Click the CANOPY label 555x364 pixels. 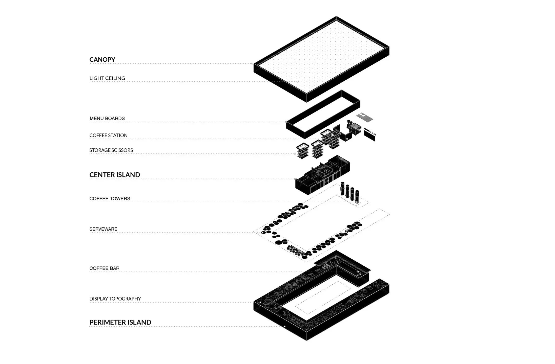coord(102,60)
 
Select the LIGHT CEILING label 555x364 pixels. coord(107,78)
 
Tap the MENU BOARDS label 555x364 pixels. coord(107,118)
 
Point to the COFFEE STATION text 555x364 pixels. coord(108,135)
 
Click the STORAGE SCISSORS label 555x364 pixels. coord(111,150)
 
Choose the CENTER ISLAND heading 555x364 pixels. coord(115,175)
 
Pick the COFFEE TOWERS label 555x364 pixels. coord(110,199)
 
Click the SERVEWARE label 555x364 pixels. coord(103,229)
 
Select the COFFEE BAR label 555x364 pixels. coord(104,268)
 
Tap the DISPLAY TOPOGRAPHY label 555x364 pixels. coord(115,299)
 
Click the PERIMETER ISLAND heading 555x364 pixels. coord(120,322)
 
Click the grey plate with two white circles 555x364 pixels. coord(365,117)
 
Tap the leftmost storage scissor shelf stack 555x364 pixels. coord(303,151)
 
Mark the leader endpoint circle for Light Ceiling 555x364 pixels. coord(298,82)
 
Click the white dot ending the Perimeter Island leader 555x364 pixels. coord(285,326)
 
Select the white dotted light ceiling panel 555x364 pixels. coord(321,57)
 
